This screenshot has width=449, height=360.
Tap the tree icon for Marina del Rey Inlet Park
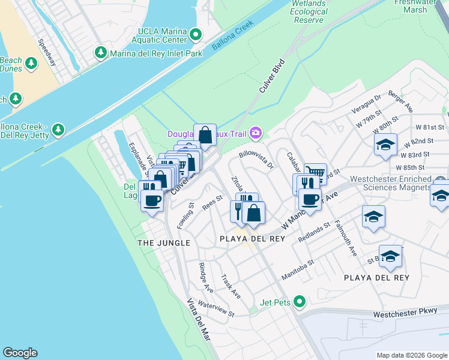[x=100, y=54]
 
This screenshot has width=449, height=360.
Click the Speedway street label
[x=47, y=53]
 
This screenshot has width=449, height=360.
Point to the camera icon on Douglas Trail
[x=256, y=133]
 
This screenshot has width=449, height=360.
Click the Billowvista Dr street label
[x=256, y=158]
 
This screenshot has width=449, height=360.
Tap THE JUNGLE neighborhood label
[x=164, y=243]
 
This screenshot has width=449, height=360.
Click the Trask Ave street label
[x=231, y=287]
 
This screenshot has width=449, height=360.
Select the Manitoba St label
[x=298, y=267]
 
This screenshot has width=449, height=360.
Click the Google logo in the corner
[x=20, y=353]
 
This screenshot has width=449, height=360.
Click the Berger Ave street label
[x=400, y=103]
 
